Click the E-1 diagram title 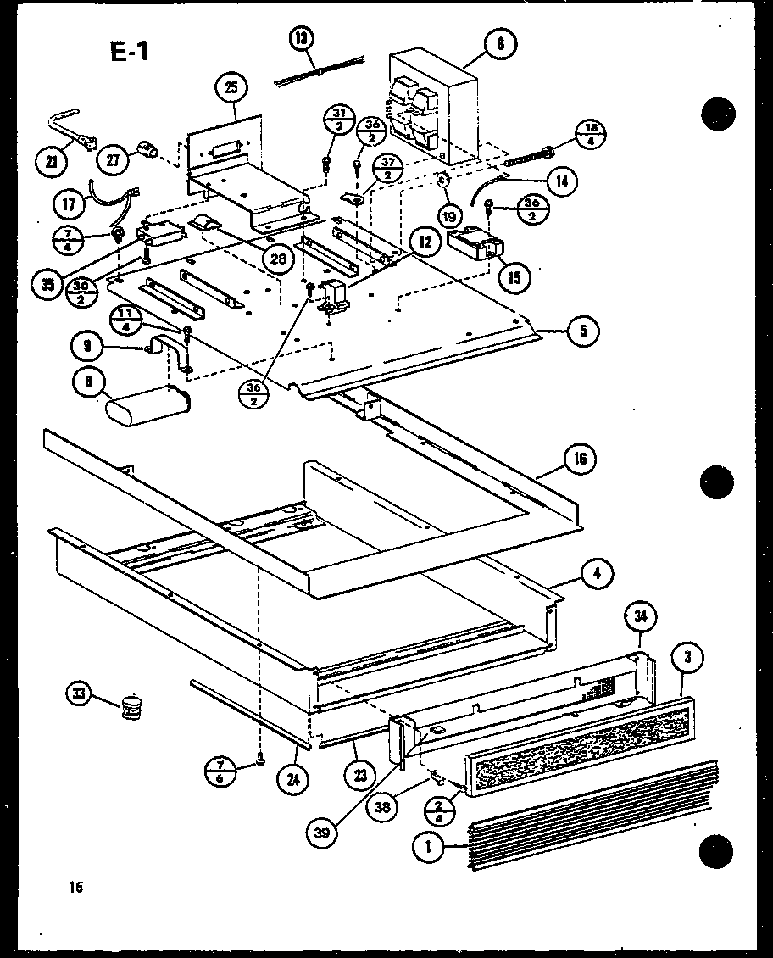tap(129, 53)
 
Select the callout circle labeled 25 tap(231, 88)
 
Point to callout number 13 tap(301, 37)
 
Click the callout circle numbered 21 tap(53, 162)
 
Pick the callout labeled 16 tap(579, 460)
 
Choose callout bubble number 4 tap(597, 573)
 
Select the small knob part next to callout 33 tap(130, 706)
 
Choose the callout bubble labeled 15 tap(514, 276)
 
